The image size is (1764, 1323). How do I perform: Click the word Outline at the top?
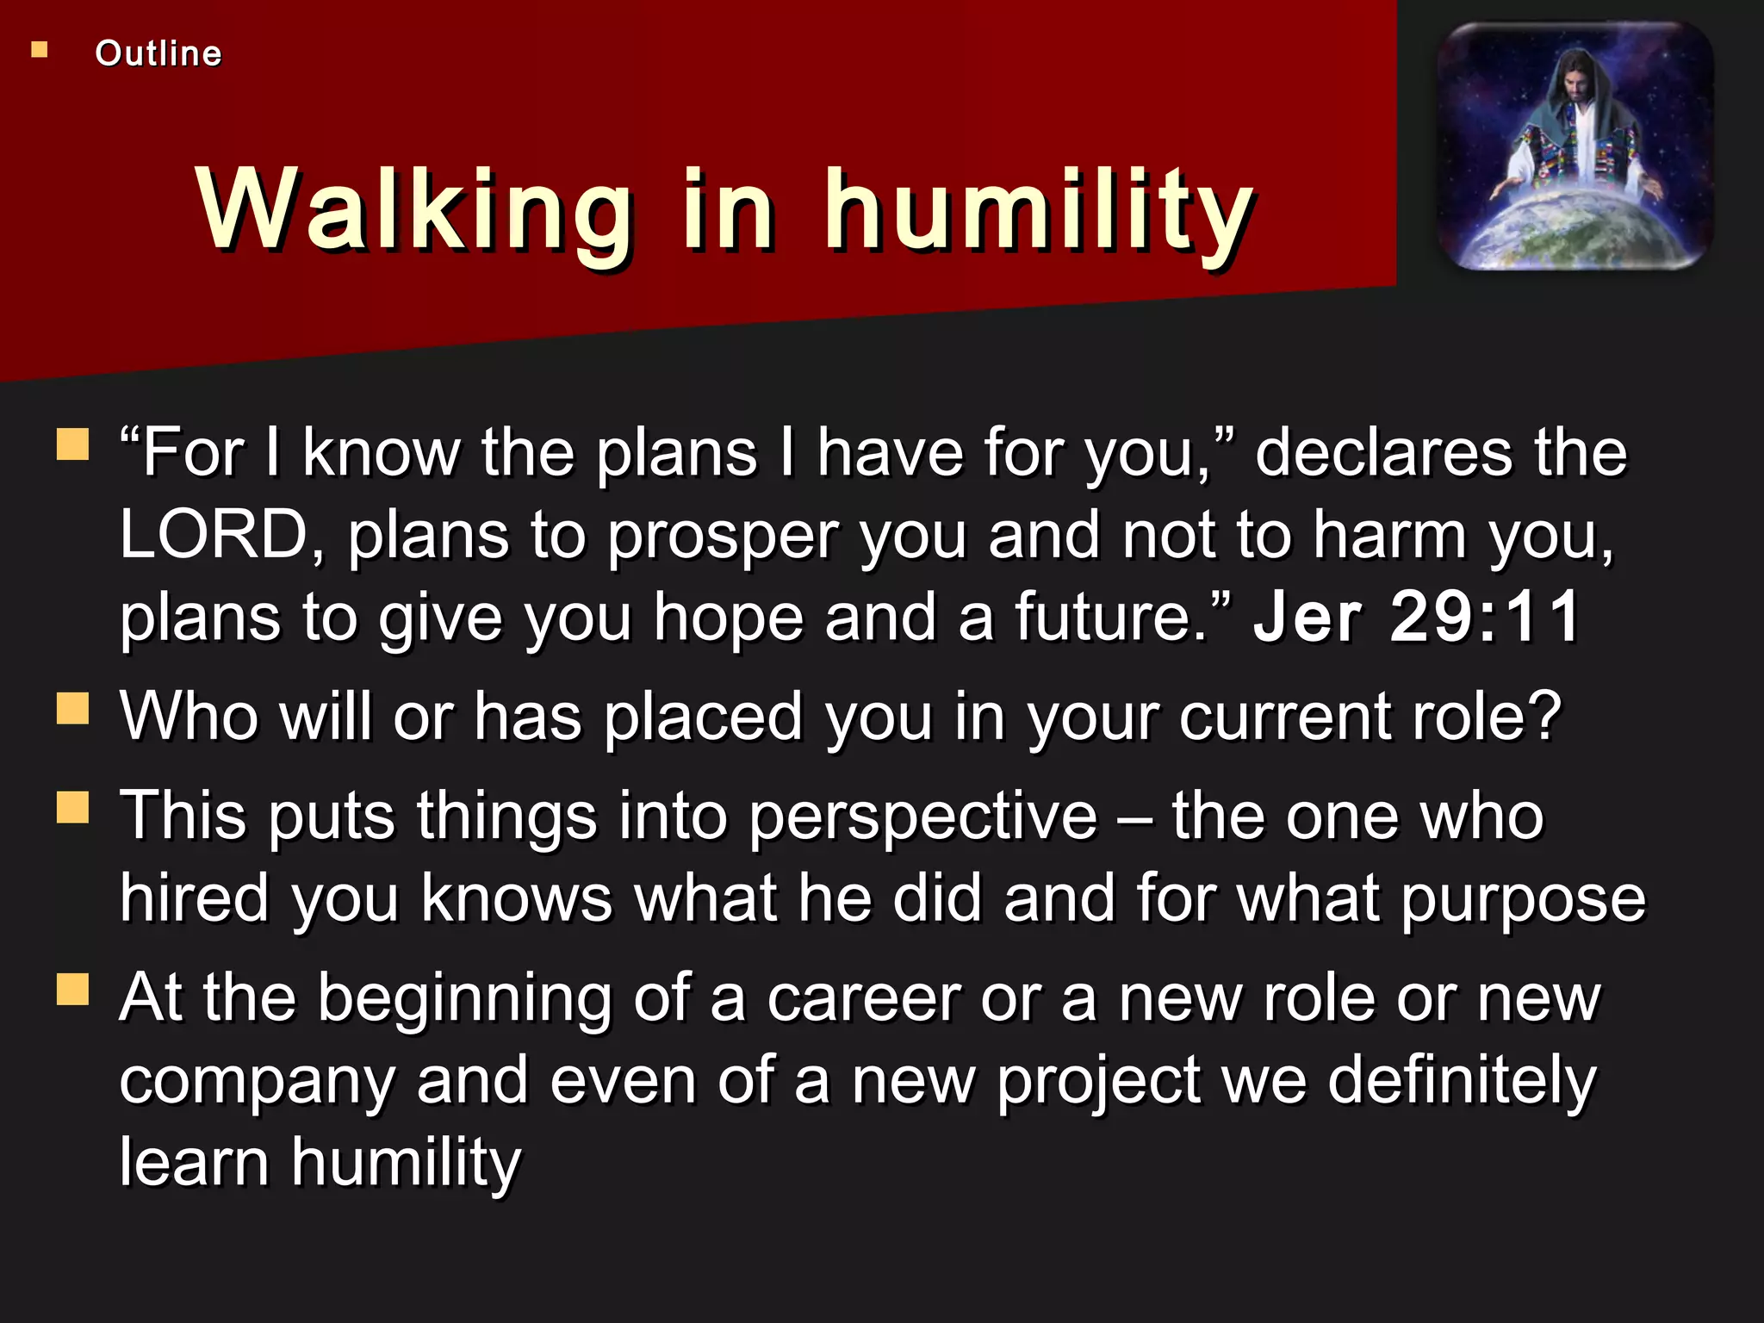pyautogui.click(x=158, y=53)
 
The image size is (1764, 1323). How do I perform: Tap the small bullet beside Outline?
pyautogui.click(x=40, y=50)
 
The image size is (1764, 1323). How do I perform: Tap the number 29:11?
pyautogui.click(x=1485, y=617)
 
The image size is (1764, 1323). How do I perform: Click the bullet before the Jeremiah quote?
pyautogui.click(x=73, y=445)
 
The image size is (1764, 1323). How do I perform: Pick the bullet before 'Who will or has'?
pyautogui.click(x=73, y=710)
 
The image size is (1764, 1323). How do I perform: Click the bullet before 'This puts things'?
pyautogui.click(x=73, y=808)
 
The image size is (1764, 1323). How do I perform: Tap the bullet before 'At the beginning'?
pyautogui.click(x=73, y=990)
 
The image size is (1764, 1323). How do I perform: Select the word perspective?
pyautogui.click(x=923, y=817)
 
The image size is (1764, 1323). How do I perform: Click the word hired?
pyautogui.click(x=195, y=898)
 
